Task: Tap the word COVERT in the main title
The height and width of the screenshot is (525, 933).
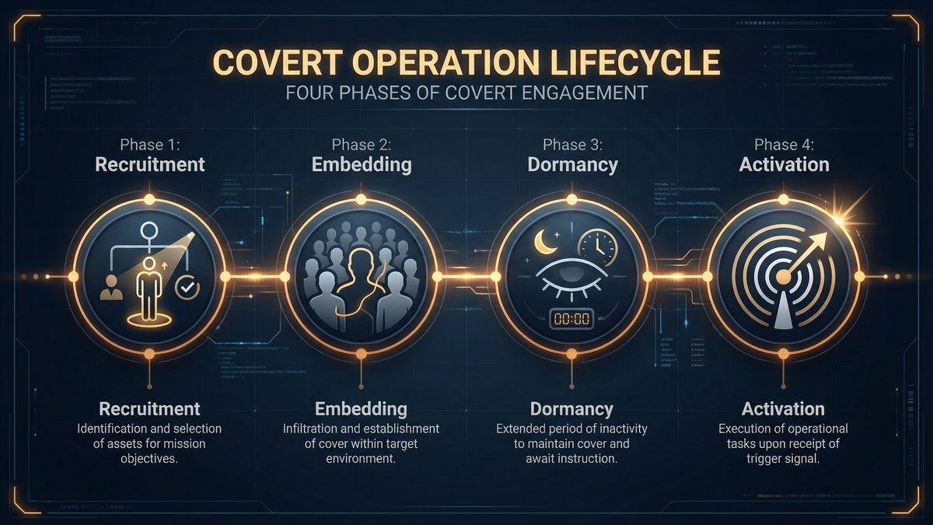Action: pyautogui.click(x=271, y=61)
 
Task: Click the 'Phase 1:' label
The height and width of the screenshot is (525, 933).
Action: pyautogui.click(x=149, y=145)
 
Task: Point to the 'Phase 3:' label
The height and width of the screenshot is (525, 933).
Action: pyautogui.click(x=572, y=145)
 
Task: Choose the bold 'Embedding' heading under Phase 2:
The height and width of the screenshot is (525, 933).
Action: pyautogui.click(x=361, y=165)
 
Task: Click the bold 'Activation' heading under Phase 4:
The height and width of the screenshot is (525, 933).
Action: pyautogui.click(x=784, y=165)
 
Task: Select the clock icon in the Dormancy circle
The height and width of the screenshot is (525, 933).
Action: pyautogui.click(x=597, y=247)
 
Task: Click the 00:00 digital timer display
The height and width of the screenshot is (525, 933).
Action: pyautogui.click(x=571, y=318)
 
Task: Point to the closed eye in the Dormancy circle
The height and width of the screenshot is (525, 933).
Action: pyautogui.click(x=569, y=284)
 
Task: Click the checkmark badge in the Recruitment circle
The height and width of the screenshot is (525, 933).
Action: pyautogui.click(x=187, y=288)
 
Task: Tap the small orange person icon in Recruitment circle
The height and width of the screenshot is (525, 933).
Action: pyautogui.click(x=110, y=289)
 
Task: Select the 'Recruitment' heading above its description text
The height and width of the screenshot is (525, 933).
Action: pyautogui.click(x=149, y=409)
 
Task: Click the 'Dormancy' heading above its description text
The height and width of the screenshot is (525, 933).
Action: pyautogui.click(x=571, y=409)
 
